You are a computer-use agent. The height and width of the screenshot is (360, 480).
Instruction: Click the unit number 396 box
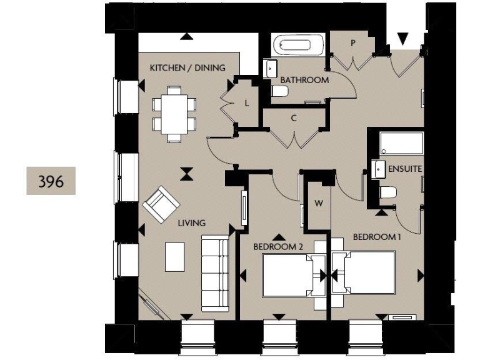(51, 181)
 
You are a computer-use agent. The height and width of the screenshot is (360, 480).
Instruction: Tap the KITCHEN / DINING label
(187, 67)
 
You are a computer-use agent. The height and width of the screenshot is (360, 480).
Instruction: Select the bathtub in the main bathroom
(299, 46)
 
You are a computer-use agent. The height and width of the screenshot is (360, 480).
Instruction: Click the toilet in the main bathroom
(280, 91)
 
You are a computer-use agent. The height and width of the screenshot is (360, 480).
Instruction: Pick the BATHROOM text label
(304, 80)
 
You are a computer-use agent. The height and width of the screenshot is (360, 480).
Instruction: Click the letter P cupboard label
(353, 43)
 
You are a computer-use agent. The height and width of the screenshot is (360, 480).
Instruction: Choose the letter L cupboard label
(247, 104)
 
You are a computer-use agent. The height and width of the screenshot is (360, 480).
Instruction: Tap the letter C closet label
(293, 117)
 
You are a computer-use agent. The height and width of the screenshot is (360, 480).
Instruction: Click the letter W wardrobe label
(318, 203)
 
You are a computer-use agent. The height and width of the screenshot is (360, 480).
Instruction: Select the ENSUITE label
(404, 169)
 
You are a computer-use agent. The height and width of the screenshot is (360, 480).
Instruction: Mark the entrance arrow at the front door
(403, 39)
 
